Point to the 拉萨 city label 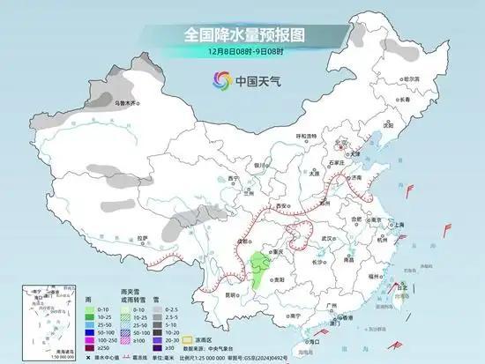coord(143,238)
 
